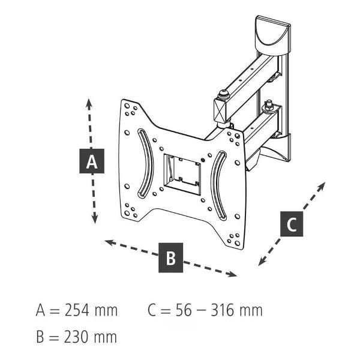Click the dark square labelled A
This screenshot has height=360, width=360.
(92, 161)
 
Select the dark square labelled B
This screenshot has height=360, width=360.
(170, 257)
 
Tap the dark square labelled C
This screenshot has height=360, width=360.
(292, 224)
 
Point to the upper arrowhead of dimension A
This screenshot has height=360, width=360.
(89, 103)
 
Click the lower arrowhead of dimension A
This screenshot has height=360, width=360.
(95, 218)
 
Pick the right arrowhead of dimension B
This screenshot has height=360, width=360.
(232, 274)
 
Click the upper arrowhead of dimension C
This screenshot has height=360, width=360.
(322, 186)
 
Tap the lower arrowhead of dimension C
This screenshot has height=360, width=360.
(262, 262)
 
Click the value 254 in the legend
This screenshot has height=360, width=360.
(77, 310)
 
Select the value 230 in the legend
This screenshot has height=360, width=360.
(76, 337)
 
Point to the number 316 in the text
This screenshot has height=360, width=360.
(223, 310)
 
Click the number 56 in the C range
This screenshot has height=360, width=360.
(184, 310)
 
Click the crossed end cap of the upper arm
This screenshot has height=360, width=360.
(220, 110)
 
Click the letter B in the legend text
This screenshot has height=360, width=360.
(40, 337)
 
